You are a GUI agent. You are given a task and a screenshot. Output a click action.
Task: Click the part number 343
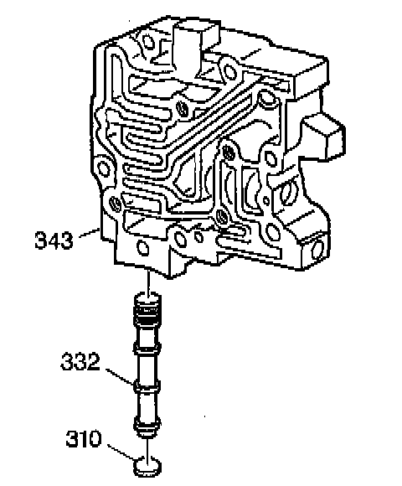54,240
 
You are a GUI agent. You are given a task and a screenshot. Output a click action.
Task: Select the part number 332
80,361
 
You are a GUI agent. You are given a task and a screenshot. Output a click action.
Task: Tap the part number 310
84,438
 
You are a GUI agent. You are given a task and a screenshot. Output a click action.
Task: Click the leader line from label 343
90,233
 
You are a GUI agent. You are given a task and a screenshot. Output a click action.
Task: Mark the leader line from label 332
120,376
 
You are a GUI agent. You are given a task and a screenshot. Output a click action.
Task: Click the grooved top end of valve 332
147,308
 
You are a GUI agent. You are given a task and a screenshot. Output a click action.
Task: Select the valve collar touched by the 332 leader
147,386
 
